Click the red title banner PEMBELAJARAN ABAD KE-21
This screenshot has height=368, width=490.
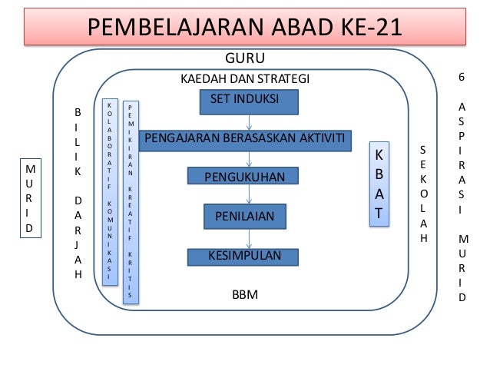pos(244,28)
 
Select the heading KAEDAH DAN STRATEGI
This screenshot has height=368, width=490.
pos(244,79)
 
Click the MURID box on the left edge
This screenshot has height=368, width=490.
pos(30,198)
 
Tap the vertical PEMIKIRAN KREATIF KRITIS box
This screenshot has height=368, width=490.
pos(131,201)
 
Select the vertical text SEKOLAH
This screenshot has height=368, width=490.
pos(424,194)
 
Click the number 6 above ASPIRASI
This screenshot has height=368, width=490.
pos(461,78)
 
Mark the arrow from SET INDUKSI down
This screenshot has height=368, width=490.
pos(248,121)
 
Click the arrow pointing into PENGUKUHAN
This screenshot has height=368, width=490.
pos(248,159)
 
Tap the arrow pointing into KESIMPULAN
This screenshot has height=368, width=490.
pos(248,238)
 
